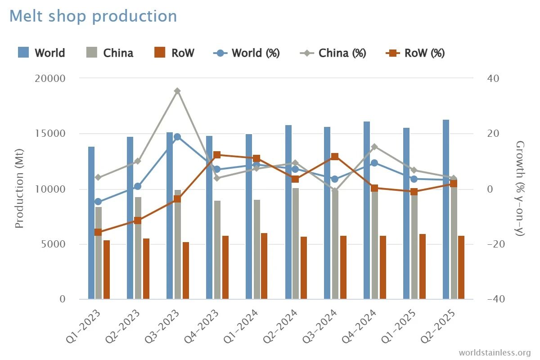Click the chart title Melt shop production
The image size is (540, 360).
pyautogui.click(x=93, y=16)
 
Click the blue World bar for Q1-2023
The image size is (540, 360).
pyautogui.click(x=91, y=223)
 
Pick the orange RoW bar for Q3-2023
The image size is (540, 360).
pyautogui.click(x=186, y=270)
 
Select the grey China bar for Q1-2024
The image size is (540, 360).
pyautogui.click(x=257, y=249)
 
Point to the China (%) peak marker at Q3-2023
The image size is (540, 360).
pyautogui.click(x=178, y=91)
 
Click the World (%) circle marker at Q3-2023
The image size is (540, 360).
pyautogui.click(x=177, y=137)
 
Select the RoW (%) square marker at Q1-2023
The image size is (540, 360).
pyautogui.click(x=98, y=232)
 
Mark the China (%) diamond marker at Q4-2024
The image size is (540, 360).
pyautogui.click(x=374, y=147)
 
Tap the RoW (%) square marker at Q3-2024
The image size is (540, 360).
pyautogui.click(x=335, y=157)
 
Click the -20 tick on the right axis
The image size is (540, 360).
pyautogui.click(x=493, y=244)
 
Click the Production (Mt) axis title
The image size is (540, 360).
pyautogui.click(x=19, y=189)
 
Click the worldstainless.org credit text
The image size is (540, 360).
pyautogui.click(x=495, y=352)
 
